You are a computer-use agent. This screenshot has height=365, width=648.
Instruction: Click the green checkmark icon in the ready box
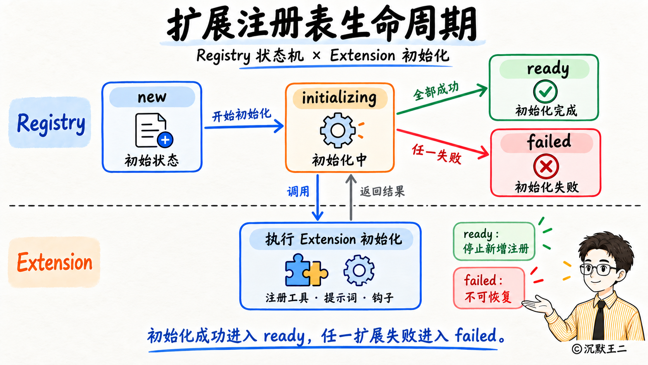click(545, 92)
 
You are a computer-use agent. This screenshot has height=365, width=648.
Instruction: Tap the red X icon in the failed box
click(546, 166)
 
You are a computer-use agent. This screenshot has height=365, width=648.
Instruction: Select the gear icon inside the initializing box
click(338, 130)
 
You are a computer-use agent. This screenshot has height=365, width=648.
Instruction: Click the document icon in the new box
click(154, 131)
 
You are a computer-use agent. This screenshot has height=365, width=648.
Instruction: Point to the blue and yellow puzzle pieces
click(306, 270)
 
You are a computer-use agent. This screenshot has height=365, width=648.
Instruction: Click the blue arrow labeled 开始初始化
click(244, 126)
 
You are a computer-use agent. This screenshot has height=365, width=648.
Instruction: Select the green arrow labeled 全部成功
click(442, 99)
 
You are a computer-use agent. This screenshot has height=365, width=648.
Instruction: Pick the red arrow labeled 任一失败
click(443, 142)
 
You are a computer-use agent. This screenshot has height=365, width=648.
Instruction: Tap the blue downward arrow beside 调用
click(318, 197)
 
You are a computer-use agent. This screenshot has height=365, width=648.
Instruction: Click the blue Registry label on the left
click(51, 123)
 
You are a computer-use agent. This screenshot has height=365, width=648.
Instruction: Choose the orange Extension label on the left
click(54, 262)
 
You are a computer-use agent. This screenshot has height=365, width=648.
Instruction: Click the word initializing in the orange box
click(339, 98)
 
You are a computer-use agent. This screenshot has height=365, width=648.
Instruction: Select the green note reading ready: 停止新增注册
click(494, 241)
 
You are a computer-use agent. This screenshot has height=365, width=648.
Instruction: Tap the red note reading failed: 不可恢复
click(489, 288)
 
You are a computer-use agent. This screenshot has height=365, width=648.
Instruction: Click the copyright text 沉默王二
click(605, 349)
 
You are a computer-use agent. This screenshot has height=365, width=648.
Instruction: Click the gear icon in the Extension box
click(359, 270)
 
